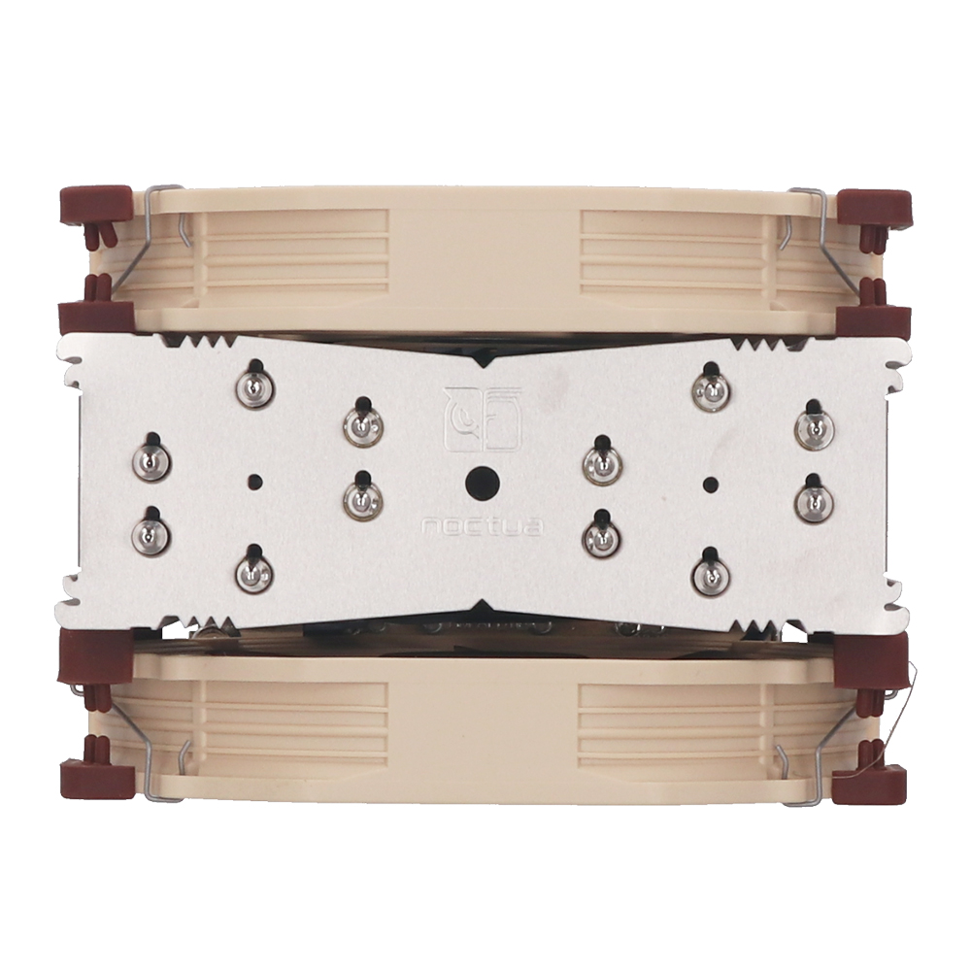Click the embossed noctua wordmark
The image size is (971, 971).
click(x=483, y=527)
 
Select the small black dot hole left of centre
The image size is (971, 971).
click(x=253, y=481)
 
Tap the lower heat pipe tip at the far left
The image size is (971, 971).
click(x=152, y=527)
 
